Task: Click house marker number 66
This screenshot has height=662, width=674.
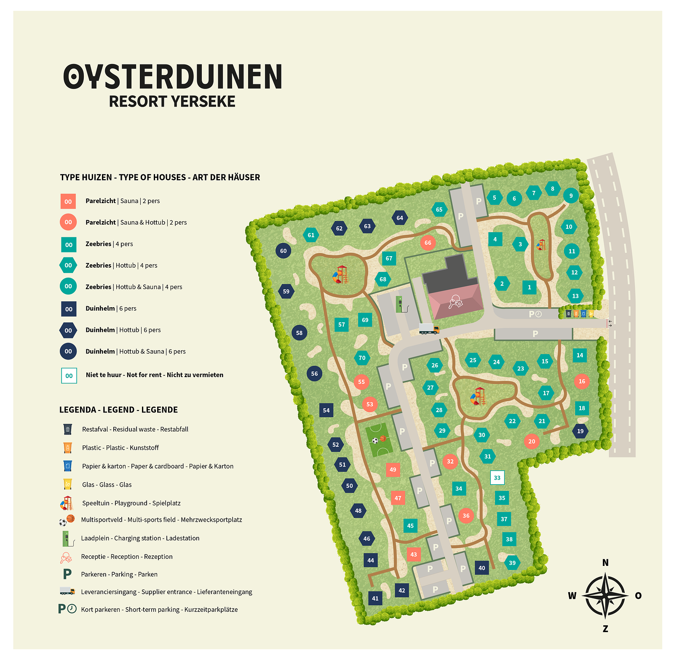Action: pos(428,243)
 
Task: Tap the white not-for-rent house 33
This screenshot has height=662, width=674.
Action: pos(497,477)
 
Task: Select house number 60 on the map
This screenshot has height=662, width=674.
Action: pos(283,251)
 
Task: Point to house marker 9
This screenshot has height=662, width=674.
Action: pos(571,196)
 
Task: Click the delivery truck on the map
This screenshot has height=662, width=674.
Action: pos(429,329)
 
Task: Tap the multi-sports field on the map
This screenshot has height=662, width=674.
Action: pos(379,440)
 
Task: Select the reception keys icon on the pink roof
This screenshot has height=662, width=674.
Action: pos(455,302)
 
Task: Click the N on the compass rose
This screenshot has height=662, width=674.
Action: pos(605,563)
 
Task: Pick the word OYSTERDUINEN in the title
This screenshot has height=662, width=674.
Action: pos(173,77)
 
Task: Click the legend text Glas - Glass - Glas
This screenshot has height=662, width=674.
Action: pos(107,485)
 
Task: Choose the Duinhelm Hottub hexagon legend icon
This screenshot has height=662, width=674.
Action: pos(68,330)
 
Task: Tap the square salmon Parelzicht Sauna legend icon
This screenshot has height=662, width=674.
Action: pos(68,201)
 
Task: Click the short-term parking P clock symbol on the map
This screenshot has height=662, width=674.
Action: pos(535,314)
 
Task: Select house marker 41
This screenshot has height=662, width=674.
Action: pos(375,598)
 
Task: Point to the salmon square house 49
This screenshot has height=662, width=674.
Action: pos(393,469)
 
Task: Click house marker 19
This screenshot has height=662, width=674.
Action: pos(580,431)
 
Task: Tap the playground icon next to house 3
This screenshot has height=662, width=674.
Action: pos(541,245)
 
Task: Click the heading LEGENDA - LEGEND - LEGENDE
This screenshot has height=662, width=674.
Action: pos(118,410)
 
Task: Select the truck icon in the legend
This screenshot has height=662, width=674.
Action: pos(67,591)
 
